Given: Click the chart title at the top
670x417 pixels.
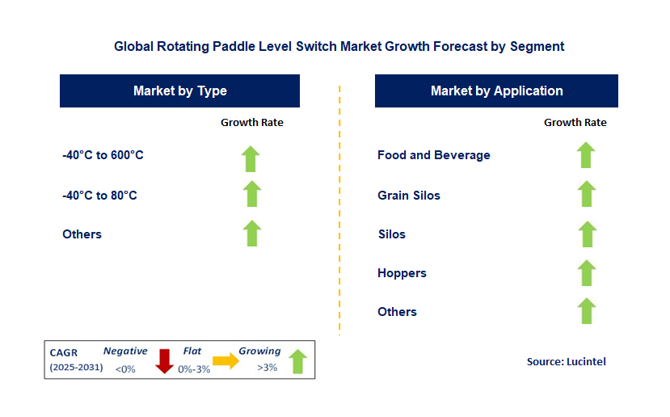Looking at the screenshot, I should (x=339, y=46).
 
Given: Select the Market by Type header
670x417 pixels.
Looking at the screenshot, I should (x=179, y=91).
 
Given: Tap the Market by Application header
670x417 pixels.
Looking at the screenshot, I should (x=496, y=91).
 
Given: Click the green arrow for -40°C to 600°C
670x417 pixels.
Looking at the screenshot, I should (x=252, y=158).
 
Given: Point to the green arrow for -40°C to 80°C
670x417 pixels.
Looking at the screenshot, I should (x=252, y=194).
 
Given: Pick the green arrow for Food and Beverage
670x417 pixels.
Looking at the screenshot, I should (x=587, y=154).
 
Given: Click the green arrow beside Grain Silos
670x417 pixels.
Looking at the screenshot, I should (x=587, y=194).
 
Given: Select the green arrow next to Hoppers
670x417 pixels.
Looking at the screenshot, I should (x=587, y=272).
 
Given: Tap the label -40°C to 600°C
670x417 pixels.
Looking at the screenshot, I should (x=103, y=155).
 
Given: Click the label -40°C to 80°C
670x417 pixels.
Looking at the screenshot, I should (x=99, y=195).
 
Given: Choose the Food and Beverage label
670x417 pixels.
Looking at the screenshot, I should (x=433, y=155).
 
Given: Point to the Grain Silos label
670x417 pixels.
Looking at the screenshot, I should (x=409, y=195).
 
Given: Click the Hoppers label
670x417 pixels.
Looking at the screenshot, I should (x=402, y=273).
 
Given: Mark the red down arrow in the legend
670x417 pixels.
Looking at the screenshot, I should (x=165, y=360).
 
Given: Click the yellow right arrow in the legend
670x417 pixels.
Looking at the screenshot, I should (x=226, y=360).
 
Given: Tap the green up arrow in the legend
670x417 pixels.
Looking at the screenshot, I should (x=297, y=361).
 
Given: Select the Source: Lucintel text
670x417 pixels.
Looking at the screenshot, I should (x=566, y=361).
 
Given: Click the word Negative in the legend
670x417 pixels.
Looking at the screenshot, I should (x=125, y=352).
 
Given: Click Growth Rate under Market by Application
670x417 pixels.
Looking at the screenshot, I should (x=575, y=123).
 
